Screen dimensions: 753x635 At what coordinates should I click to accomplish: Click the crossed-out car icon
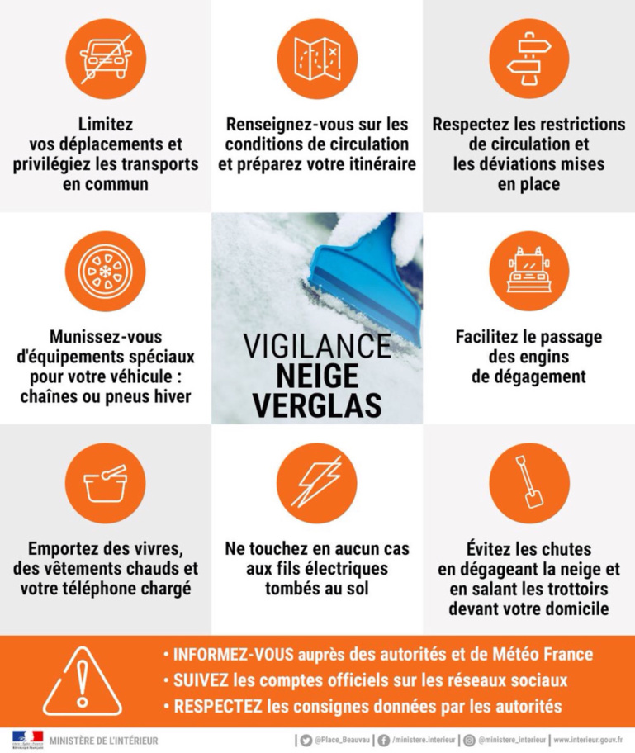(x=106, y=59)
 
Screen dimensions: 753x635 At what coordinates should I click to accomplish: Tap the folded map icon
(x=317, y=59)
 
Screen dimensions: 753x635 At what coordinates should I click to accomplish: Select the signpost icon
(x=528, y=59)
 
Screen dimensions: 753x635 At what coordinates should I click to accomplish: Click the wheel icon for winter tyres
(x=106, y=271)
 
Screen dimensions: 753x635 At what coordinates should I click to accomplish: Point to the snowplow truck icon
(x=528, y=271)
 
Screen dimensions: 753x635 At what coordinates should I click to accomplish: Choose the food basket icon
(x=106, y=483)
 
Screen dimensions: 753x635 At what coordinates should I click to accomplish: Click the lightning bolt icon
(x=317, y=483)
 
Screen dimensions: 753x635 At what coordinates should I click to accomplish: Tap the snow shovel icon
(x=528, y=483)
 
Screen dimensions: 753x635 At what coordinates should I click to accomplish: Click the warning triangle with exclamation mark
(x=83, y=680)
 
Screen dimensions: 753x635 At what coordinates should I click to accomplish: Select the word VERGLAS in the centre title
(x=317, y=405)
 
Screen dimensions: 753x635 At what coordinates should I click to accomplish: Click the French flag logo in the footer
(x=27, y=736)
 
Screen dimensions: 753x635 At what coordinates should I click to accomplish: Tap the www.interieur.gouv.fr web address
(x=588, y=740)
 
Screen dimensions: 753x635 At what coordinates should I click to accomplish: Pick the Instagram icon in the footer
(x=469, y=740)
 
